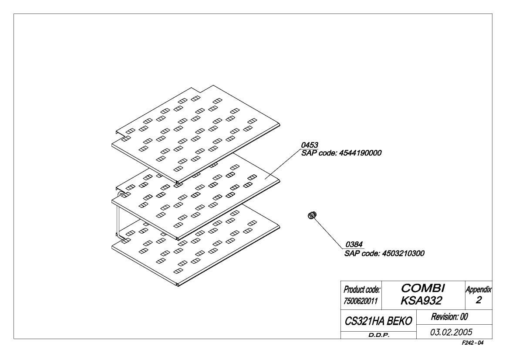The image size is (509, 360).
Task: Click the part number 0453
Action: pyautogui.click(x=310, y=145)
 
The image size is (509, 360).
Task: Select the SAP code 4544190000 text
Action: pyautogui.click(x=341, y=153)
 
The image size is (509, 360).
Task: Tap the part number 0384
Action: pyautogui.click(x=354, y=245)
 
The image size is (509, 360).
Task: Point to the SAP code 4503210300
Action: pyautogui.click(x=384, y=253)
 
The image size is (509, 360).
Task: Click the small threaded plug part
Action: pyautogui.click(x=312, y=215)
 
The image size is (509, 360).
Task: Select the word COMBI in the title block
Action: pyautogui.click(x=423, y=288)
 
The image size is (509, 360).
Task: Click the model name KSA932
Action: pyautogui.click(x=421, y=301)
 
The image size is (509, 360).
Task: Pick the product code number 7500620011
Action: pyautogui.click(x=361, y=301)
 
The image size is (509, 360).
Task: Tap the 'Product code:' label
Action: pyautogui.click(x=362, y=289)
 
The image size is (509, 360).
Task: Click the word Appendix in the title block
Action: pyautogui.click(x=479, y=289)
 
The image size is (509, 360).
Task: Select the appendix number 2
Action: pyautogui.click(x=479, y=300)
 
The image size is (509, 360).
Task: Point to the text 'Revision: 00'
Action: pyautogui.click(x=450, y=317)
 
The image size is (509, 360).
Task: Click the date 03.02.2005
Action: pyautogui.click(x=451, y=332)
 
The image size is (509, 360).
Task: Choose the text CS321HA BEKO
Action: pyautogui.click(x=378, y=321)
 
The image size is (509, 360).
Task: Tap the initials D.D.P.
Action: pyautogui.click(x=379, y=335)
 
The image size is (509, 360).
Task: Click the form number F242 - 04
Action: pyautogui.click(x=473, y=343)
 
